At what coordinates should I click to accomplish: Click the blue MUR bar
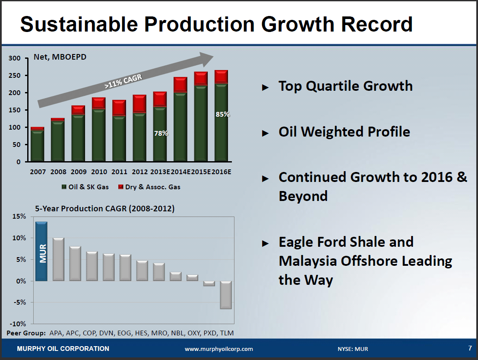pyautogui.click(x=41, y=252)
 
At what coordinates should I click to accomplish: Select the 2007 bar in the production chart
pyautogui.click(x=38, y=145)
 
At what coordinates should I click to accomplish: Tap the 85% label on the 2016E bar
pyautogui.click(x=223, y=115)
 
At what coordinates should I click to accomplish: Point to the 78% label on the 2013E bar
pyautogui.click(x=161, y=134)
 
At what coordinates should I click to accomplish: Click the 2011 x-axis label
pyautogui.click(x=120, y=172)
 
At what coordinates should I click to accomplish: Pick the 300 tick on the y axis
pyautogui.click(x=15, y=58)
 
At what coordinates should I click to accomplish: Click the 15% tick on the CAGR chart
pyautogui.click(x=19, y=217)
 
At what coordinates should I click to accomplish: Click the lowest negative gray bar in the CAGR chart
pyautogui.click(x=226, y=295)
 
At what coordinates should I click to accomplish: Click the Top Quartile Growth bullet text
pyautogui.click(x=345, y=86)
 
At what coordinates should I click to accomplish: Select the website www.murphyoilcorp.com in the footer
pyautogui.click(x=219, y=349)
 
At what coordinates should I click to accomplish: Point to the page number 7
pyautogui.click(x=470, y=348)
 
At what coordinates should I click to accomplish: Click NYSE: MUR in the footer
pyautogui.click(x=353, y=349)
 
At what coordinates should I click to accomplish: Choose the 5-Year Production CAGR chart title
pyautogui.click(x=105, y=209)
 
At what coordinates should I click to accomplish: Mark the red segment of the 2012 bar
pyautogui.click(x=139, y=104)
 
